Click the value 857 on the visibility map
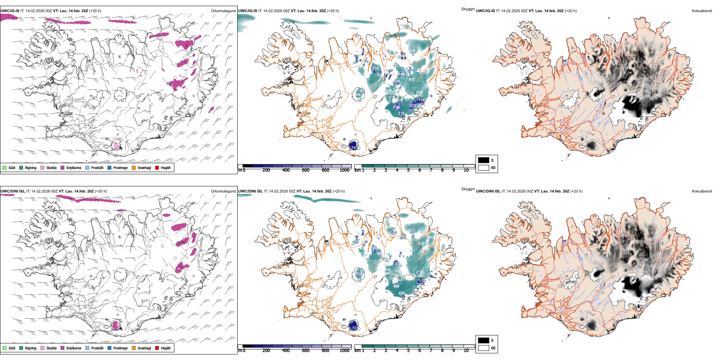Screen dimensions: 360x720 pyautogui.click(x=412, y=80)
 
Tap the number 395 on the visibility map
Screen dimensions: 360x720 pyautogui.click(x=412, y=51)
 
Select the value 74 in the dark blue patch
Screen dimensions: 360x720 pyautogui.click(x=354, y=148)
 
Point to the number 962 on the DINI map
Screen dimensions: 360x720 pyautogui.click(x=431, y=237)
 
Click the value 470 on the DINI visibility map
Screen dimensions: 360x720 pyautogui.click(x=421, y=244)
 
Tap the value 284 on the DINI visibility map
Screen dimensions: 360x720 pyautogui.click(x=401, y=293)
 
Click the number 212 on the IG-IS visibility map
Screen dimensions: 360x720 pyautogui.click(x=401, y=113)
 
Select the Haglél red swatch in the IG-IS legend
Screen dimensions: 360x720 pyautogui.click(x=157, y=167)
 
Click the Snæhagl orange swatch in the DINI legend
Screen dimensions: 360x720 pyautogui.click(x=134, y=348)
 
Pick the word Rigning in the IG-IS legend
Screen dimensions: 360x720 pyautogui.click(x=31, y=168)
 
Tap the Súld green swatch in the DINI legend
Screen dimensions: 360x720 pyautogui.click(x=5, y=348)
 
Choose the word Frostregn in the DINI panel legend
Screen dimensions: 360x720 pyautogui.click(x=121, y=348)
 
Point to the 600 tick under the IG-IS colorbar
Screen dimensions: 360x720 pyautogui.click(x=305, y=170)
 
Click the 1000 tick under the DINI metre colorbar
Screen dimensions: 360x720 pyautogui.click(x=344, y=351)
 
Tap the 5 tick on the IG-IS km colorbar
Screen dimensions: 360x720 pyautogui.click(x=408, y=170)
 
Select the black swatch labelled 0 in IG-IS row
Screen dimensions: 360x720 pyautogui.click(x=484, y=160)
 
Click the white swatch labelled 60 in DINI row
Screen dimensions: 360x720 pyautogui.click(x=484, y=348)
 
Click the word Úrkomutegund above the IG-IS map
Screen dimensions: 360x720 pyautogui.click(x=223, y=11)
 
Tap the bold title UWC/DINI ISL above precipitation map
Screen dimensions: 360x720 pyautogui.click(x=13, y=191)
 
